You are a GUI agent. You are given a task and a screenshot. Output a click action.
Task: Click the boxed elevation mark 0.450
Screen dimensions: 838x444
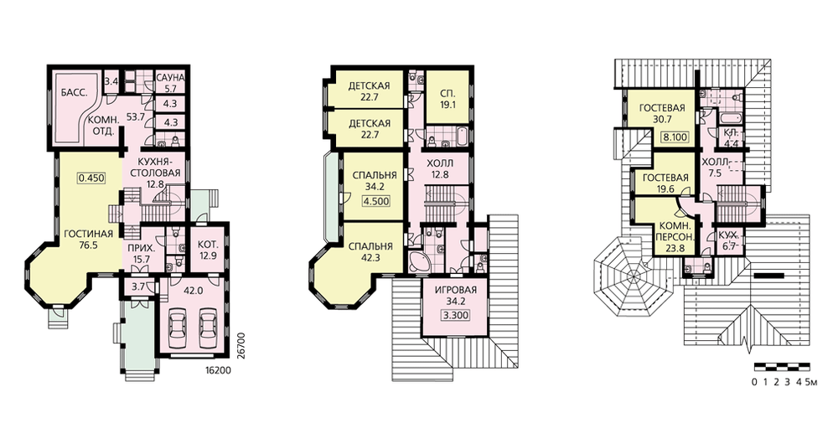click(92, 178)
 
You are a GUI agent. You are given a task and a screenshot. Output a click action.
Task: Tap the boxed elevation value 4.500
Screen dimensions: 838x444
click(375, 201)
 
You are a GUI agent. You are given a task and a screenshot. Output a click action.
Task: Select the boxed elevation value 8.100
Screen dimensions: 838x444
click(675, 137)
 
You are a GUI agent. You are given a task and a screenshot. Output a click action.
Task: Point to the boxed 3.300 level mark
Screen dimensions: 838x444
click(455, 315)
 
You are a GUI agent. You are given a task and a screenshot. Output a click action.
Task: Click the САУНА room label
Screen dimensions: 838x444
click(170, 78)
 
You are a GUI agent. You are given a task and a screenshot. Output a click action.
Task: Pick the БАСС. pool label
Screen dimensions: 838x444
click(70, 92)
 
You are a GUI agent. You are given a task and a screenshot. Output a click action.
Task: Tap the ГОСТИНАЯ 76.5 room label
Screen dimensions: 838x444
click(88, 239)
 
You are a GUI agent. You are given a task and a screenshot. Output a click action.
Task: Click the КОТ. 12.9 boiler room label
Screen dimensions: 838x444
click(207, 249)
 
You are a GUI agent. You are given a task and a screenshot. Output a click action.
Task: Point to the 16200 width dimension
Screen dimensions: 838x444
click(219, 370)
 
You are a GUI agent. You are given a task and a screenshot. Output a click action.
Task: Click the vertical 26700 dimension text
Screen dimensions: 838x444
click(241, 346)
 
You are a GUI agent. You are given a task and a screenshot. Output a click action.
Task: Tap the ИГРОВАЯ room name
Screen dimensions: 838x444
click(455, 291)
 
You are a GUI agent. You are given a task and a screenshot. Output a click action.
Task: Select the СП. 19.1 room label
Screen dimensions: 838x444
click(447, 99)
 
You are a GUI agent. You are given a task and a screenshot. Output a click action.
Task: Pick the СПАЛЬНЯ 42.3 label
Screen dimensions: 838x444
click(370, 252)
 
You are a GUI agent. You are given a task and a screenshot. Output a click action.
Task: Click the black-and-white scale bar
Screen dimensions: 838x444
click(782, 367)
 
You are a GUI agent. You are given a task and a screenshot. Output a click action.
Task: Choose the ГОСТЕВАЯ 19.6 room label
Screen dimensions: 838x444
click(665, 183)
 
